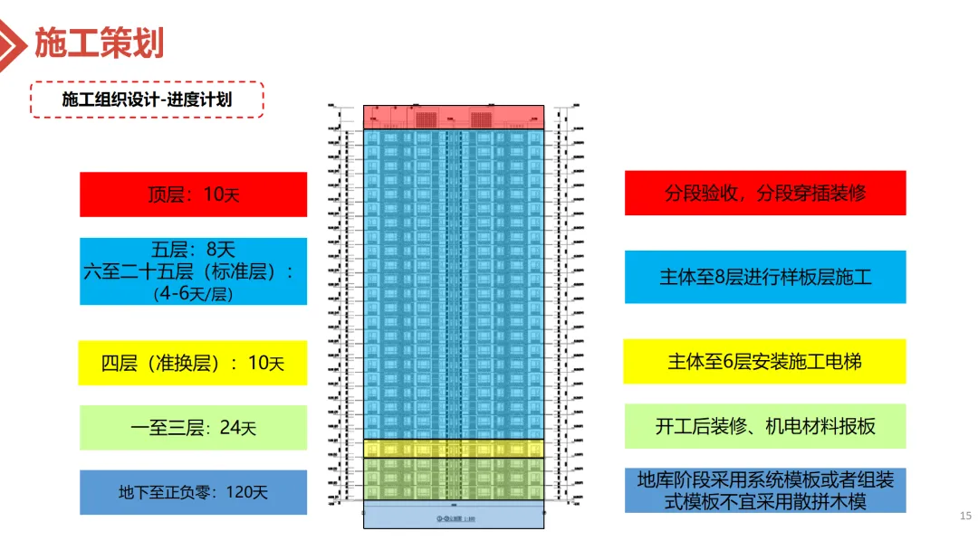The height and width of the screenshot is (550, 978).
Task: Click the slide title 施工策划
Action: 100,42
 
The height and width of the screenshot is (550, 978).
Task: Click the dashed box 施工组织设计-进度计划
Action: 147,99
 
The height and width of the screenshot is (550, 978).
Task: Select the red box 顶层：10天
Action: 193,194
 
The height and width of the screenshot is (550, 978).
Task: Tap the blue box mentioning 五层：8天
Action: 193,271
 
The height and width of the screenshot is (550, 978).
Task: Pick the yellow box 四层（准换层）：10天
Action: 193,363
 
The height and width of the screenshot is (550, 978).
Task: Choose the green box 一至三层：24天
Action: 193,428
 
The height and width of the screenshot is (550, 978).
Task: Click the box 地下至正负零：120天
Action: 193,493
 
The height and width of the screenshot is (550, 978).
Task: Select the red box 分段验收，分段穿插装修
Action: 765,193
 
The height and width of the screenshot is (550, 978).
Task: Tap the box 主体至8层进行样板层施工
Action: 765,277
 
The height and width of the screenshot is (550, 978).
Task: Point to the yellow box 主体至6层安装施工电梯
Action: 765,361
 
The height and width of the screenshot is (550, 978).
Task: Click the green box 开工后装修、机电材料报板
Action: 765,426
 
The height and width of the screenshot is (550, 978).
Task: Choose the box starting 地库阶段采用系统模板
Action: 765,489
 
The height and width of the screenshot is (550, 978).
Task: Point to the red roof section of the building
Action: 454,117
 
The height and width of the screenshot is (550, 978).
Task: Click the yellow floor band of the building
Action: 454,449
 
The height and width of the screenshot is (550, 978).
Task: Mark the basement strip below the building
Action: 454,517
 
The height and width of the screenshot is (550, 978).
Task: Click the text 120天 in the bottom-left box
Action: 245,493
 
